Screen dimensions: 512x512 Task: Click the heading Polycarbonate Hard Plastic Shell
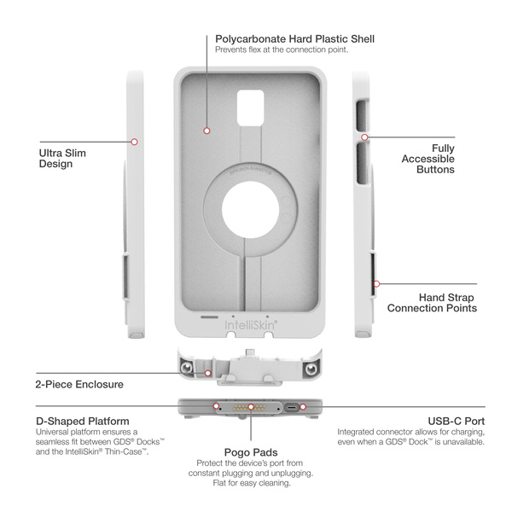click(294, 38)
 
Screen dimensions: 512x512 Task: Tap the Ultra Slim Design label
click(62, 159)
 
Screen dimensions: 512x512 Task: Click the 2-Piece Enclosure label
click(79, 385)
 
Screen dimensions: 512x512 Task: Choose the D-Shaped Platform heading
click(83, 421)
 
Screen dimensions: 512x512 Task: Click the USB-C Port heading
click(456, 421)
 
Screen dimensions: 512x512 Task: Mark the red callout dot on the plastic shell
click(207, 131)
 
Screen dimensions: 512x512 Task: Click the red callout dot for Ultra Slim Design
click(134, 141)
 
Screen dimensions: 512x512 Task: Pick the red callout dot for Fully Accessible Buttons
click(364, 137)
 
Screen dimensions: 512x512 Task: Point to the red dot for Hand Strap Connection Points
click(375, 283)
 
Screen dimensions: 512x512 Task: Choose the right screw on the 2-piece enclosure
click(311, 366)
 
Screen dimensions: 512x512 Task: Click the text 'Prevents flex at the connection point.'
click(281, 49)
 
